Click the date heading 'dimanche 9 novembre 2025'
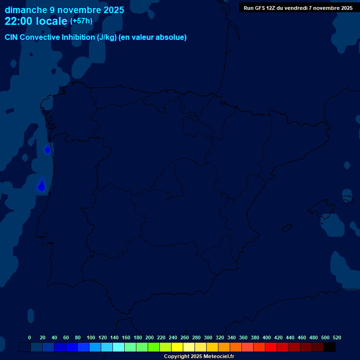(x=64, y=10)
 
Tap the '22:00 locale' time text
(x=36, y=21)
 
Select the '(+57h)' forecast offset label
(x=81, y=21)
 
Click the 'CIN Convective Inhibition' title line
(x=96, y=37)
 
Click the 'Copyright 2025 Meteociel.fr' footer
(x=199, y=357)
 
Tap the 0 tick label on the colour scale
(x=30, y=337)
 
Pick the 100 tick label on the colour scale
(x=91, y=337)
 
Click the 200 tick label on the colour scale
(x=150, y=337)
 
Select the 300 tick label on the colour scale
(x=208, y=337)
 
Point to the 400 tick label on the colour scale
(x=267, y=337)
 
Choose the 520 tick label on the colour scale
(x=337, y=337)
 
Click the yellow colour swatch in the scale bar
(x=177, y=347)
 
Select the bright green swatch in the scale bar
(x=154, y=347)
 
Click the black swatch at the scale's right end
(x=330, y=347)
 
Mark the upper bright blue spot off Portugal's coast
(x=47, y=150)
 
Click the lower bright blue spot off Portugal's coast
(x=41, y=186)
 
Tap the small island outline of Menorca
(x=347, y=193)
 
